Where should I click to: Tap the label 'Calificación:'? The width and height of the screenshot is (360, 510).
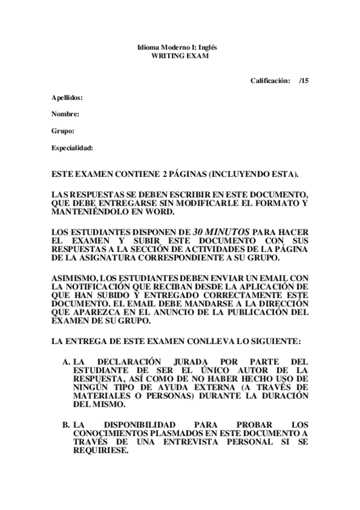[270, 80]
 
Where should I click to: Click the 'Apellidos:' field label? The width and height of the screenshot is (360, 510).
[67, 97]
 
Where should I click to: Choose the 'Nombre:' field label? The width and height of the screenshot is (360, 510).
[65, 114]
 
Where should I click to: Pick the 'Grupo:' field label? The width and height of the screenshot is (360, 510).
[63, 131]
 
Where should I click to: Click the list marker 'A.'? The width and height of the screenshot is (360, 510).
[66, 362]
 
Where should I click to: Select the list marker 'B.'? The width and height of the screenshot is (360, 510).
[66, 424]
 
